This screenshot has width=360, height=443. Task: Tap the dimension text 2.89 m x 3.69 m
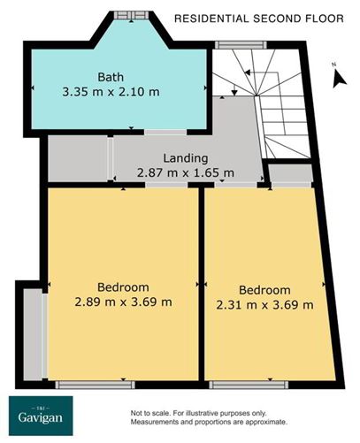123,302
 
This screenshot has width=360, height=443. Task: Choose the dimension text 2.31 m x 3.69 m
265,305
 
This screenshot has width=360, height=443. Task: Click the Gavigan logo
42,416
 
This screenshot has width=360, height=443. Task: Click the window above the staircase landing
232,44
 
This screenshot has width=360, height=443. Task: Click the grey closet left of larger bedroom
33,334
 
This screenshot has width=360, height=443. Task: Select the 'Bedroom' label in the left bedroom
123,287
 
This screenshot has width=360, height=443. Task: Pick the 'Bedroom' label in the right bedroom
265,291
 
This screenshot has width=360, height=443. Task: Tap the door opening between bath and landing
133,132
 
